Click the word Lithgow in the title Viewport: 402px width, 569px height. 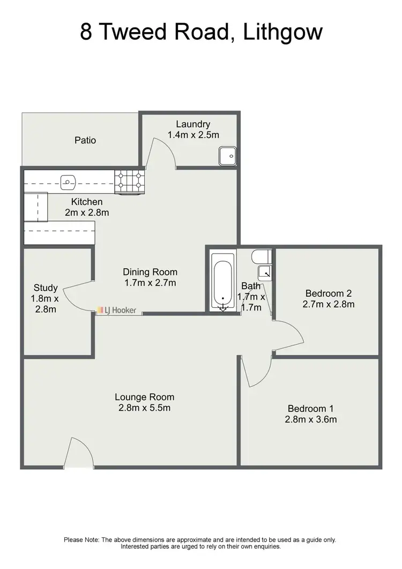coord(282,32)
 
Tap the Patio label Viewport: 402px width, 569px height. coord(85,141)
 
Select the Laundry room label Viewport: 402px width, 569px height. coord(193,125)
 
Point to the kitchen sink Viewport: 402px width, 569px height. coord(68,182)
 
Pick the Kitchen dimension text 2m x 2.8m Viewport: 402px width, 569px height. coord(87,212)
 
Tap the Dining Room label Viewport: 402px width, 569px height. coord(150,272)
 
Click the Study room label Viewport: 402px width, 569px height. coord(46,288)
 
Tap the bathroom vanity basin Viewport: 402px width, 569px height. coord(265,272)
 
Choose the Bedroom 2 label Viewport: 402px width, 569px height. coord(328,293)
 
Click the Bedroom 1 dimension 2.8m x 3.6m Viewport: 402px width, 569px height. coord(311,419)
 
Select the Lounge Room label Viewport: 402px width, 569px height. coord(145,397)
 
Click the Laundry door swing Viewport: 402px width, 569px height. coord(162,152)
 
